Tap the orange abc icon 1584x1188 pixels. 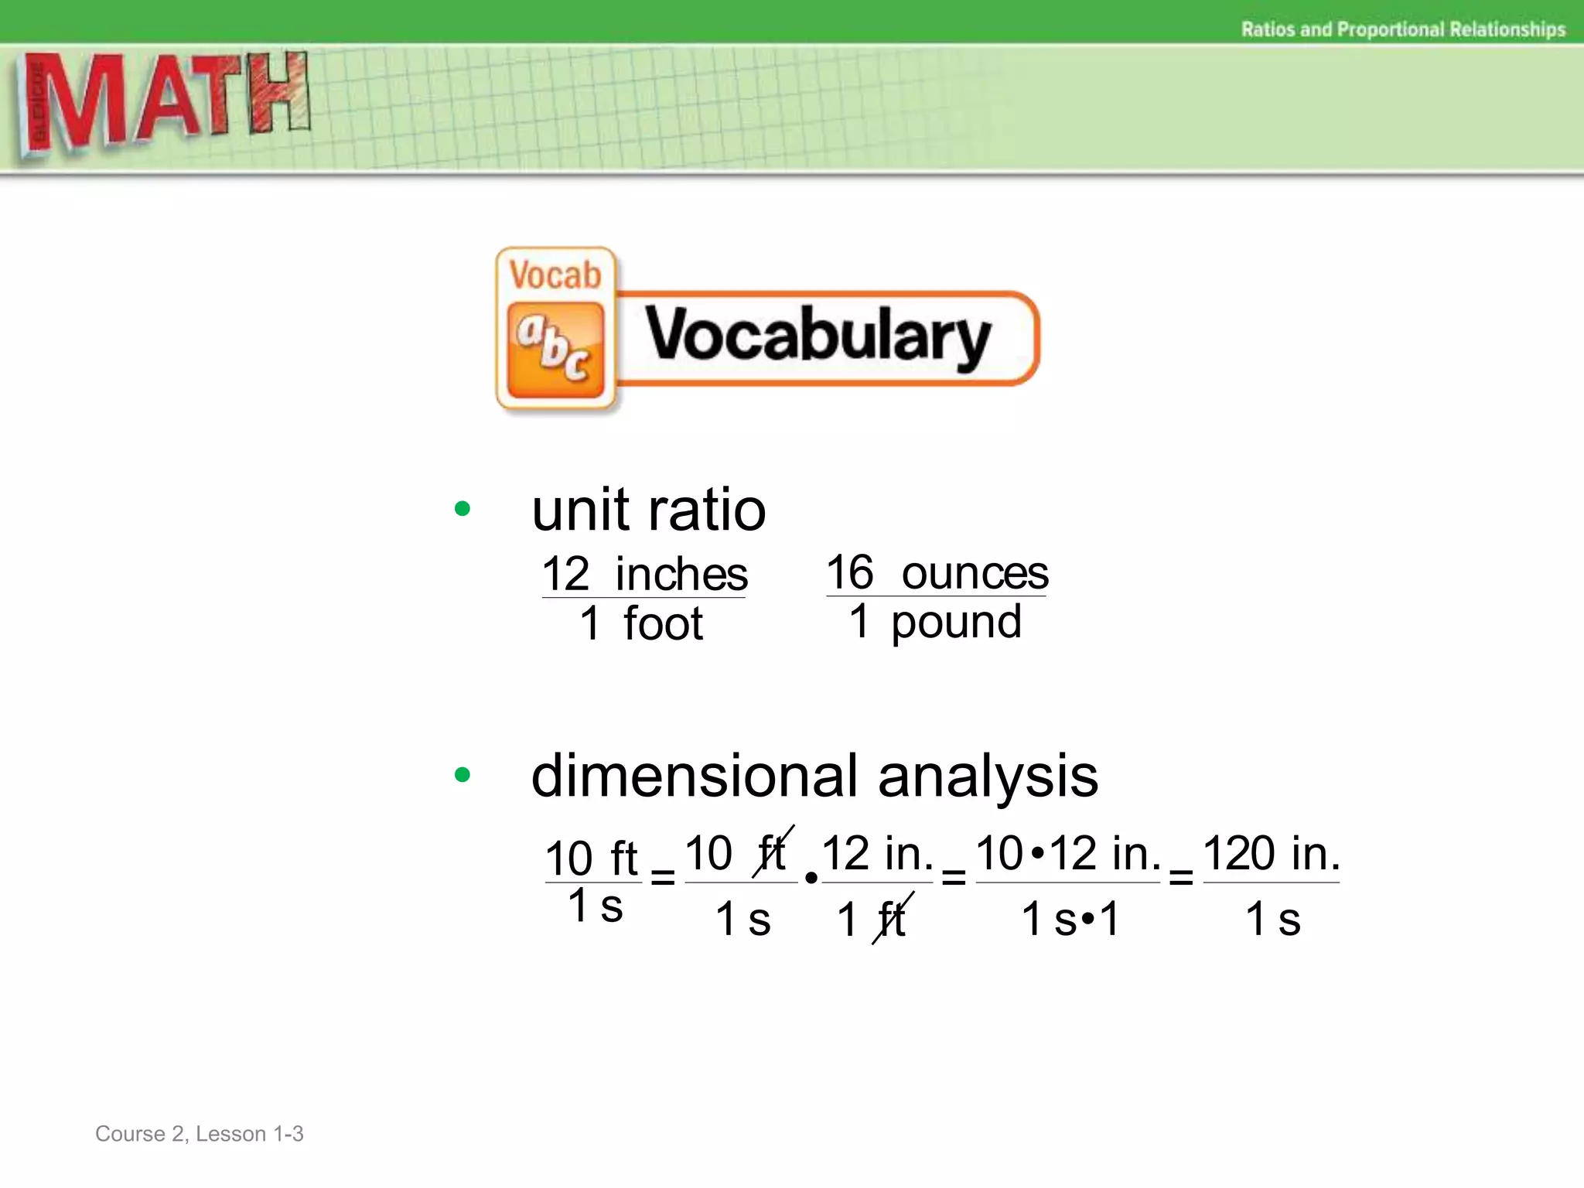[555, 350]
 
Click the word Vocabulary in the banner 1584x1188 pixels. [818, 337]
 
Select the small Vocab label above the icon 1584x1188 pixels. [555, 275]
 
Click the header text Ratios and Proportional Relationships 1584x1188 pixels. [1403, 29]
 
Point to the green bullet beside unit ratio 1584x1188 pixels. [463, 509]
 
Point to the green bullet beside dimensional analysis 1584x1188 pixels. [463, 774]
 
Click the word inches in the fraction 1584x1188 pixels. [681, 574]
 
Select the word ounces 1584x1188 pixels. [975, 573]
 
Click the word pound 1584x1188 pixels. [956, 622]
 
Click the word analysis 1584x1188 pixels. [988, 776]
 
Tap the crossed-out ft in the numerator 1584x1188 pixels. [772, 852]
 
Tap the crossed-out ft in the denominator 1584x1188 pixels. [892, 919]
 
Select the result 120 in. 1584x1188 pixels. [1271, 853]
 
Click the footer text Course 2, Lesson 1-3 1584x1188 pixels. [200, 1134]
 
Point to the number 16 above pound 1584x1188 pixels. [849, 573]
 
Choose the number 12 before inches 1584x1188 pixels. [565, 574]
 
